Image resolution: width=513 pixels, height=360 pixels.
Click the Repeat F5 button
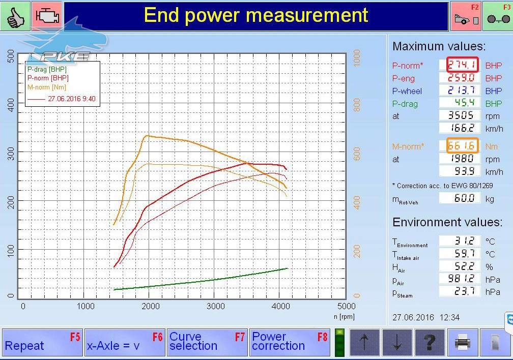[43, 342]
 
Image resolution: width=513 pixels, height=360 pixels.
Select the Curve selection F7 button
[208, 342]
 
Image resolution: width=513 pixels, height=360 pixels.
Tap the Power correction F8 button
[290, 342]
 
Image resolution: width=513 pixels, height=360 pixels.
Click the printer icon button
[462, 343]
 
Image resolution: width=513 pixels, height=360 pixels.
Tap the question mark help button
[430, 343]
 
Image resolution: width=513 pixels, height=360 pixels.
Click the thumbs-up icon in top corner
[15, 16]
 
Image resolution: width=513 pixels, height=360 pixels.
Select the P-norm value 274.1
[462, 65]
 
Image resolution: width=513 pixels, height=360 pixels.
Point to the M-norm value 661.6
[462, 145]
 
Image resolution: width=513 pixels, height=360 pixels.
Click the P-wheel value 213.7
[460, 90]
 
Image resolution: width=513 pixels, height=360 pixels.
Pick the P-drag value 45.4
[460, 103]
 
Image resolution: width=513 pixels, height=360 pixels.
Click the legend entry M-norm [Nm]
[47, 87]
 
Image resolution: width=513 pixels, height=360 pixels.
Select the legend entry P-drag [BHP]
[47, 69]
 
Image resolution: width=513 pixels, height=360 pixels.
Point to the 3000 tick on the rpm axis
[216, 307]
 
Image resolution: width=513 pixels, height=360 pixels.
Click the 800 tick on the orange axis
[357, 105]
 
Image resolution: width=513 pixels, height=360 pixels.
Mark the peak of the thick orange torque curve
[146, 135]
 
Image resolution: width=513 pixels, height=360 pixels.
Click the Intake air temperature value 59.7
[460, 253]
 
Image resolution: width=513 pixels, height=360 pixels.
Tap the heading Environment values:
[447, 222]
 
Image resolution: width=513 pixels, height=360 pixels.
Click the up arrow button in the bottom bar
[364, 343]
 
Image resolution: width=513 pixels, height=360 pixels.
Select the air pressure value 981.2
[460, 279]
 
